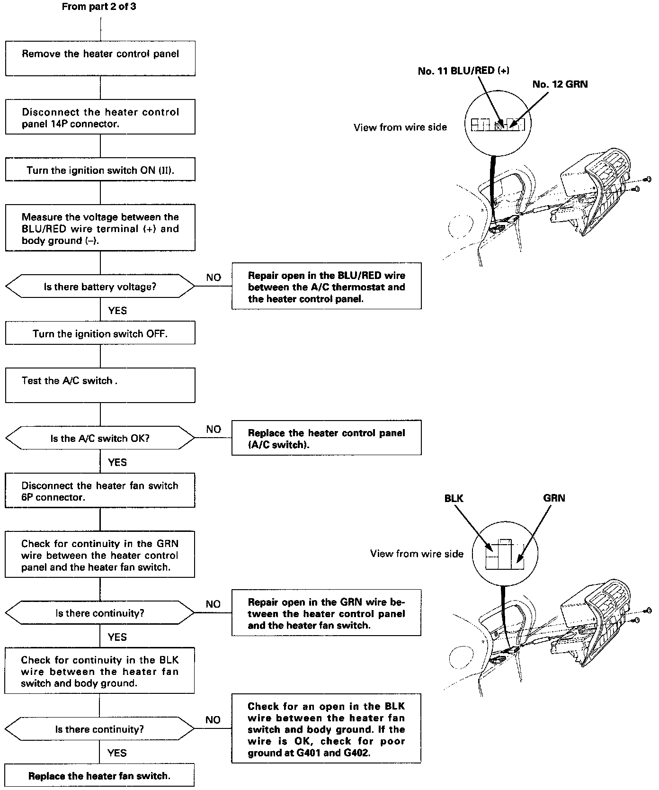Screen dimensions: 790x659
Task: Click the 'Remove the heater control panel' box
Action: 100,58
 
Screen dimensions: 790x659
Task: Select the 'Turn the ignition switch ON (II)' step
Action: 100,170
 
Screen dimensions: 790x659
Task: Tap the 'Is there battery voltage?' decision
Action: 100,286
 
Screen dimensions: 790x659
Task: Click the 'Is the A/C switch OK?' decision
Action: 100,438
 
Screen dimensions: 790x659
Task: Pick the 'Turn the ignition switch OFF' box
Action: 100,333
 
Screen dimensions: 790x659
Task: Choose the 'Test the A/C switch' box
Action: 100,386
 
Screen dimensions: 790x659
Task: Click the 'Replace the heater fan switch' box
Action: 99,776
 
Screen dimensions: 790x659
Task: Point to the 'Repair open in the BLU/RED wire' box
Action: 326,287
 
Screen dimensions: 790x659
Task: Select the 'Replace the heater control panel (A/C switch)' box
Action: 326,438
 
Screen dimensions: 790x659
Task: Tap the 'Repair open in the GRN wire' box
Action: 326,613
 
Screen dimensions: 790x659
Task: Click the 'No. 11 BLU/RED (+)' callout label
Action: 463,71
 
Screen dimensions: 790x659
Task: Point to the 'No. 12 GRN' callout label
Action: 560,84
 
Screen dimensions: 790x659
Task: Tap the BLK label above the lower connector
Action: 454,498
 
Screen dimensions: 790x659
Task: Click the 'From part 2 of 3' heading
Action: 99,7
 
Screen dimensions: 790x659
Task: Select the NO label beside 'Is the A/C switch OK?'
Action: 214,429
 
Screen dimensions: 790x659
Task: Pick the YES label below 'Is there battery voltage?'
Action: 117,310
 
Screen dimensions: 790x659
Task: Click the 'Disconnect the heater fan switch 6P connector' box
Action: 100,491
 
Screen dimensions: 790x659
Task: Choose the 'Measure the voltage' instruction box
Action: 100,228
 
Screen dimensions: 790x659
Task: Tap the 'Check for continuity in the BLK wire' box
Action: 99,671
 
